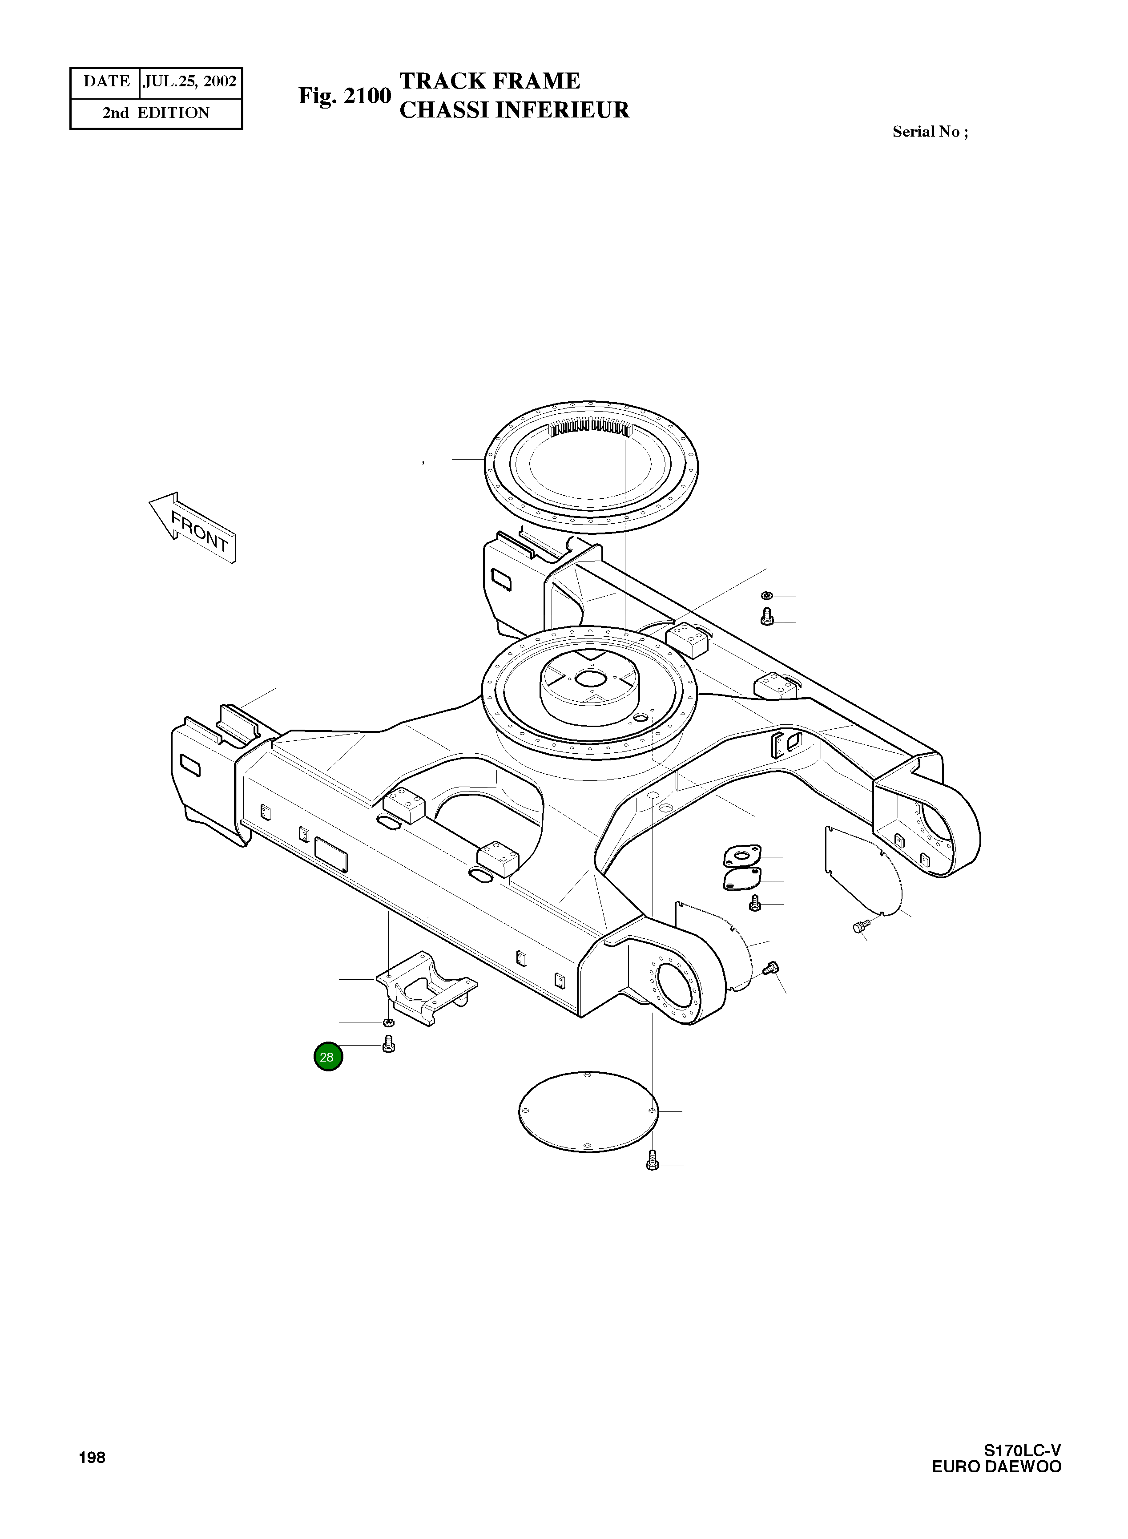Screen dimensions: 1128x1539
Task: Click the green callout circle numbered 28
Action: (328, 1057)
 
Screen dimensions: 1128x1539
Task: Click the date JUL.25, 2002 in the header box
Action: (190, 82)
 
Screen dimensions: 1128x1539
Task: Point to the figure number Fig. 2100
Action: (344, 96)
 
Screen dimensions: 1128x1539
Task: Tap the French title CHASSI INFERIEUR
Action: (513, 110)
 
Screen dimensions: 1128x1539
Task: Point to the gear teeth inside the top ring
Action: (591, 428)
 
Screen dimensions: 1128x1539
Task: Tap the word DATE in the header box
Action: (106, 82)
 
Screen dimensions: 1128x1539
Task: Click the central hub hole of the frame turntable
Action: (588, 679)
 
